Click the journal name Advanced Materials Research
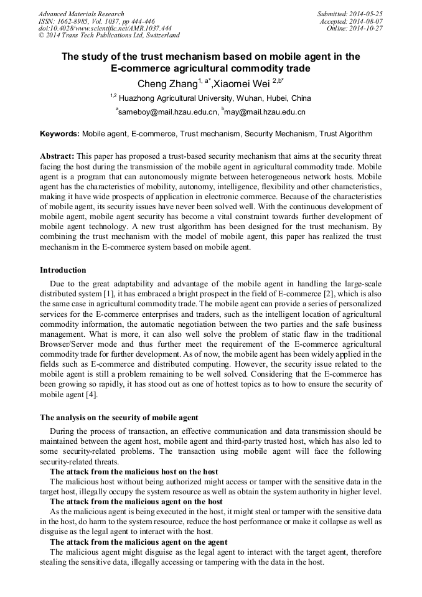pos(81,14)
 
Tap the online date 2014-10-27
pos(368,28)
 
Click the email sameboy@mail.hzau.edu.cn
pos(169,113)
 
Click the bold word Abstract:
pos(57,156)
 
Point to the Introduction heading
pos(63,270)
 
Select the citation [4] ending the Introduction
pos(91,394)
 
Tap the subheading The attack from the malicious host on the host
pos(134,472)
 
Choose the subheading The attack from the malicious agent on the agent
pos(138,542)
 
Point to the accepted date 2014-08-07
pos(368,21)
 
